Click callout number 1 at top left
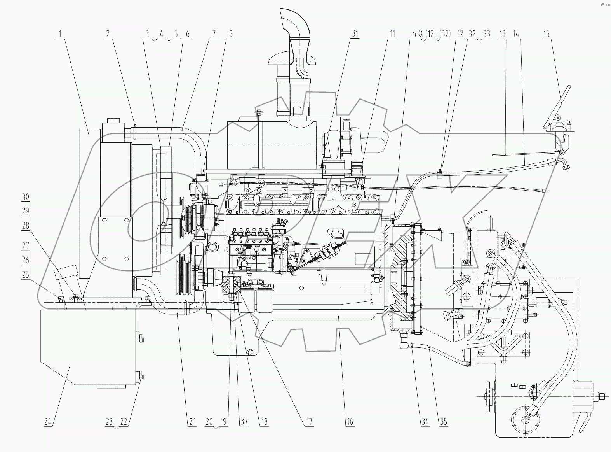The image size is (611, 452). (x=60, y=34)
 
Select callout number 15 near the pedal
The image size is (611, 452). (x=546, y=34)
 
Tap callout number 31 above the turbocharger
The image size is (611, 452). (x=354, y=34)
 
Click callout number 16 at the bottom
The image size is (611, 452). (x=350, y=422)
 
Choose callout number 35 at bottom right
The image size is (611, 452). (x=443, y=422)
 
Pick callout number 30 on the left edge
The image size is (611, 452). (x=26, y=197)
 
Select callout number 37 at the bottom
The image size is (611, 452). (x=244, y=422)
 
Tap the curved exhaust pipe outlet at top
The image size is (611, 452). (x=295, y=23)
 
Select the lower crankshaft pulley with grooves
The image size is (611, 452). (x=184, y=277)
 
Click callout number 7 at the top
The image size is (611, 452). (x=213, y=34)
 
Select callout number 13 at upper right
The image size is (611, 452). (x=503, y=34)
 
